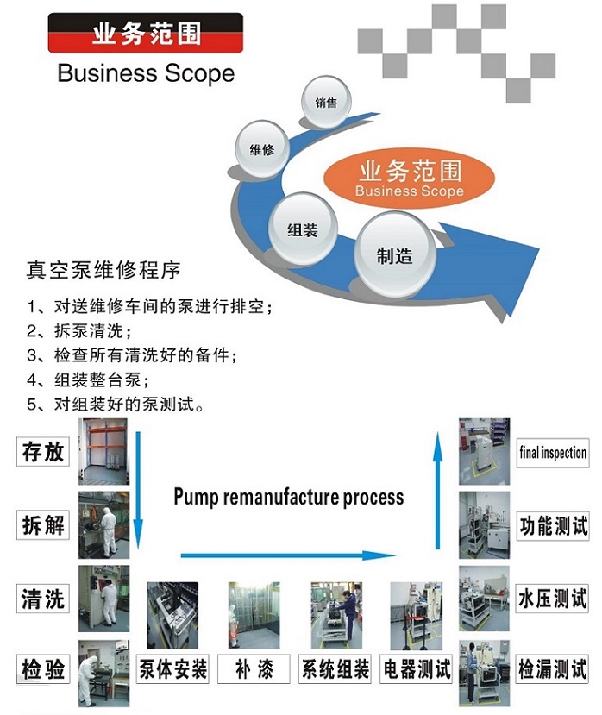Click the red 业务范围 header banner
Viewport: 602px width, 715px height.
click(145, 34)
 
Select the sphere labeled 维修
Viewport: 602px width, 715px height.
click(261, 150)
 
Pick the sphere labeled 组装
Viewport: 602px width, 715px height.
click(303, 230)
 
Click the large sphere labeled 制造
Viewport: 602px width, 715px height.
click(394, 256)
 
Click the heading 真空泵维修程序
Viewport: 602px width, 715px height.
click(103, 270)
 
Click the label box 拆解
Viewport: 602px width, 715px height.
click(43, 524)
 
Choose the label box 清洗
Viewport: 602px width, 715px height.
click(43, 598)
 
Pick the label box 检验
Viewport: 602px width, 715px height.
click(43, 668)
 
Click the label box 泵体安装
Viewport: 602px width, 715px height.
click(173, 669)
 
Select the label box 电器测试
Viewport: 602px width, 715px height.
click(417, 669)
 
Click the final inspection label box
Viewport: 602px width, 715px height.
click(552, 453)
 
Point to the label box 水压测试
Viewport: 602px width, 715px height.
click(552, 598)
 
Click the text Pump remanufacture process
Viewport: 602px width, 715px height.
click(288, 497)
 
